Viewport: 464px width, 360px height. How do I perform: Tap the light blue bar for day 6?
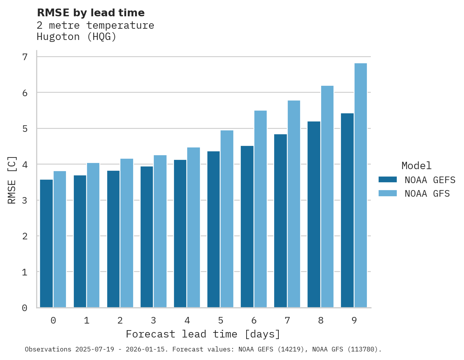click(261, 209)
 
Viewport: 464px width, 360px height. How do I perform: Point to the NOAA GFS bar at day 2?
click(127, 233)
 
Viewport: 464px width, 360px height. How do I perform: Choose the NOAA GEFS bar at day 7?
click(280, 221)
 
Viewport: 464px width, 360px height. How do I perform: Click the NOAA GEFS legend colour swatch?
click(388, 180)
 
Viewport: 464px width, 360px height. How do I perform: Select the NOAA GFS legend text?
click(427, 194)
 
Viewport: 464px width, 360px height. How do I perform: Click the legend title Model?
click(417, 166)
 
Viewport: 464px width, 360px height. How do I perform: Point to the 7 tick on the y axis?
click(25, 57)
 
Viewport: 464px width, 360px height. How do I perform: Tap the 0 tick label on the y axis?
click(25, 308)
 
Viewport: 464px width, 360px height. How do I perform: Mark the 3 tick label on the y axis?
click(25, 201)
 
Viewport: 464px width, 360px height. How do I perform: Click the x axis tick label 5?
click(221, 320)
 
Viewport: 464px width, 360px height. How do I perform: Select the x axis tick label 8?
click(321, 320)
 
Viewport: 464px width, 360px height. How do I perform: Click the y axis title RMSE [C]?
click(12, 180)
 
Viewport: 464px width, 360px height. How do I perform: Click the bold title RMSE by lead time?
click(91, 13)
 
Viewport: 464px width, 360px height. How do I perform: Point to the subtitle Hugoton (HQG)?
click(76, 37)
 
